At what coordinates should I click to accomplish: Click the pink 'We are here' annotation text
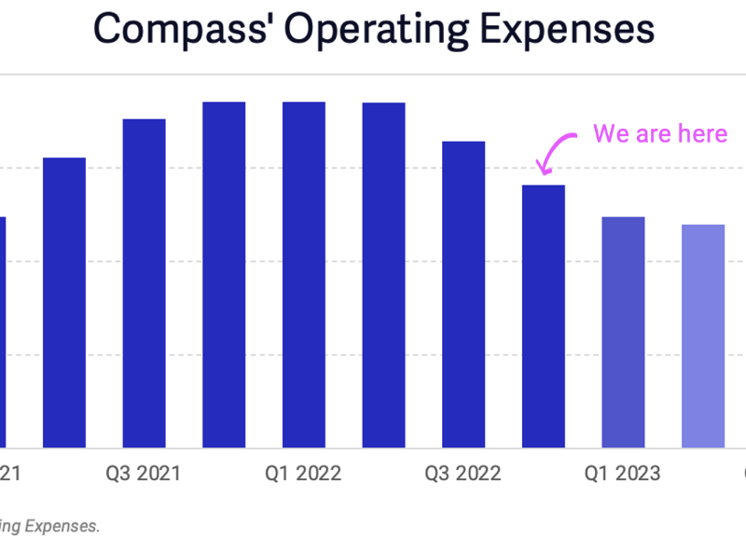click(659, 133)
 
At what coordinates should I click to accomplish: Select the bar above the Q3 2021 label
click(144, 283)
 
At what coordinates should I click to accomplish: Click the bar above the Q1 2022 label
click(304, 275)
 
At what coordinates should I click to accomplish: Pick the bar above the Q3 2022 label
click(463, 295)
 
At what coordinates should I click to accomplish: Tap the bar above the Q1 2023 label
click(623, 332)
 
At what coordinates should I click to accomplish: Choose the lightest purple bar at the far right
click(703, 336)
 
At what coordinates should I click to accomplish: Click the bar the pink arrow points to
click(543, 316)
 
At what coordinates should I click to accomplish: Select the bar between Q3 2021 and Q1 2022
click(224, 275)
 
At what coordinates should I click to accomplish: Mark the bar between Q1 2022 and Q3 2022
click(383, 275)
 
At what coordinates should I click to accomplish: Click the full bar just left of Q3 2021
click(64, 303)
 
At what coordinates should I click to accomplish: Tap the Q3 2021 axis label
click(144, 474)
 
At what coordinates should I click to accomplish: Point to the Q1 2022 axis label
click(304, 474)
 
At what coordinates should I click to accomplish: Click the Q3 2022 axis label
click(463, 474)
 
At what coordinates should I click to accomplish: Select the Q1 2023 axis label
click(623, 474)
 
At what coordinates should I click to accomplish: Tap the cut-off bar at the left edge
click(3, 332)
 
